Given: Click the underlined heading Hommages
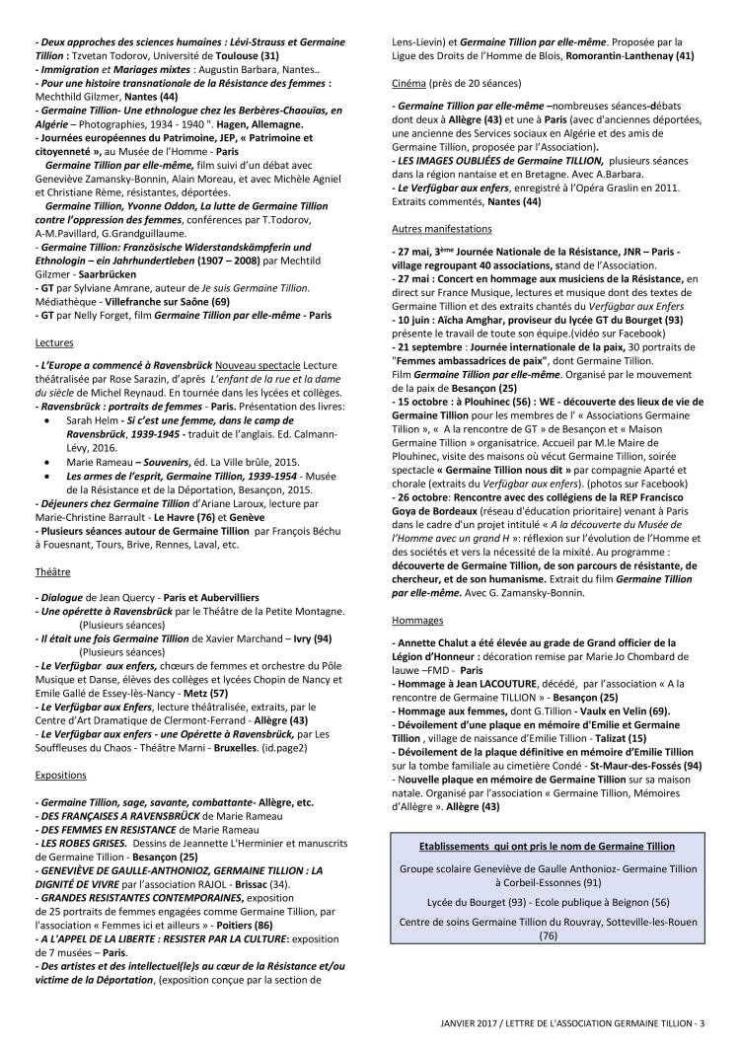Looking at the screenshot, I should click(417, 621).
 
